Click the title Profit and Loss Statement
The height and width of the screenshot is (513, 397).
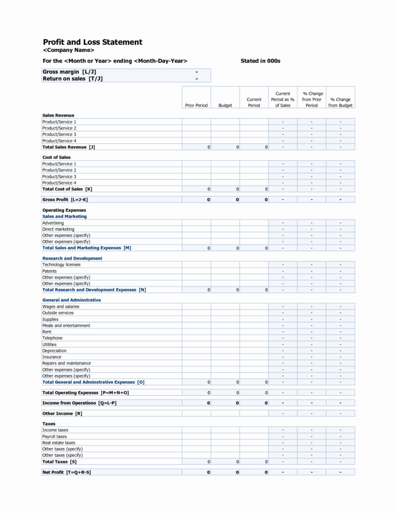click(92, 42)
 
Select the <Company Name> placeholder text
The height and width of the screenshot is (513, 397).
click(68, 50)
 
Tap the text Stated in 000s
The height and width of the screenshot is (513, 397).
click(260, 61)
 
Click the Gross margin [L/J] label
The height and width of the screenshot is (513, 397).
click(69, 72)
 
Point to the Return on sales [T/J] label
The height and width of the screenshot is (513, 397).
click(73, 79)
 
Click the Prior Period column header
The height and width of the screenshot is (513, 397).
click(196, 105)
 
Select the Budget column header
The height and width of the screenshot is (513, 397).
click(225, 105)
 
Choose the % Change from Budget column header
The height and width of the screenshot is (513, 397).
click(340, 102)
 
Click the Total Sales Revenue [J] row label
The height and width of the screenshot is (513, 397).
click(68, 147)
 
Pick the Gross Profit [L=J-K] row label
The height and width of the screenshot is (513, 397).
click(65, 199)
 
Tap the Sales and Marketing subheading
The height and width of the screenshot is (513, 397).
click(64, 216)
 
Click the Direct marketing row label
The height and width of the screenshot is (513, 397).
click(58, 229)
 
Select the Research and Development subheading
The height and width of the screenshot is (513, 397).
click(72, 258)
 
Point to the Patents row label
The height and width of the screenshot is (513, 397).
click(49, 271)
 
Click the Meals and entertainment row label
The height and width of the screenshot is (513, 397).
click(66, 325)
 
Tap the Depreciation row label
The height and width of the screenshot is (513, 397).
click(55, 351)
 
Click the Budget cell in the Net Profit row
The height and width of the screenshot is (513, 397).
click(225, 472)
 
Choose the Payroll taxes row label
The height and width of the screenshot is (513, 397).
click(55, 436)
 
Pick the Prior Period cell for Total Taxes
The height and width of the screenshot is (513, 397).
click(196, 462)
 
